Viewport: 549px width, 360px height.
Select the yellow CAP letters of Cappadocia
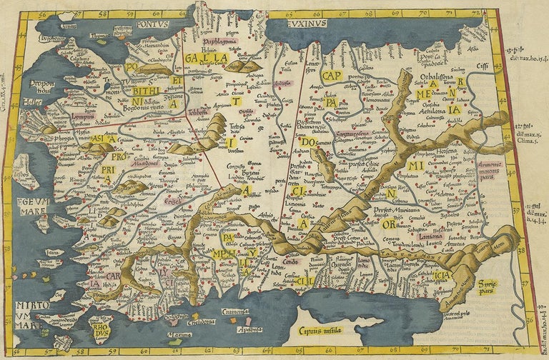click(332, 75)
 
